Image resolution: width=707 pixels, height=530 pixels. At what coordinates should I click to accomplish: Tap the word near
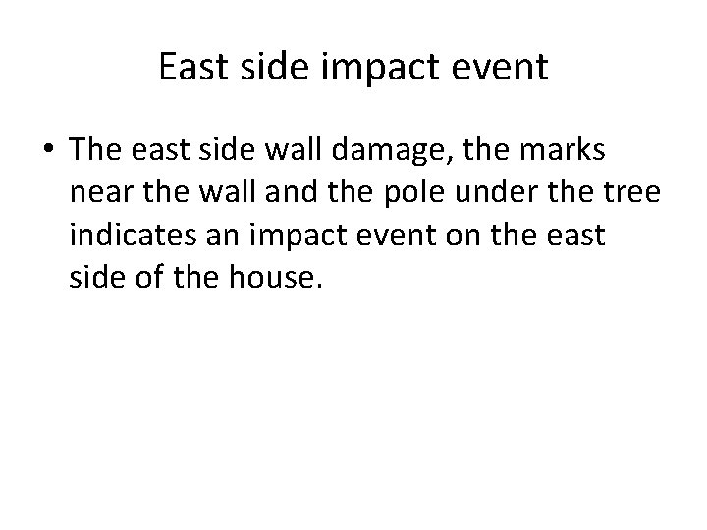pyautogui.click(x=104, y=195)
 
